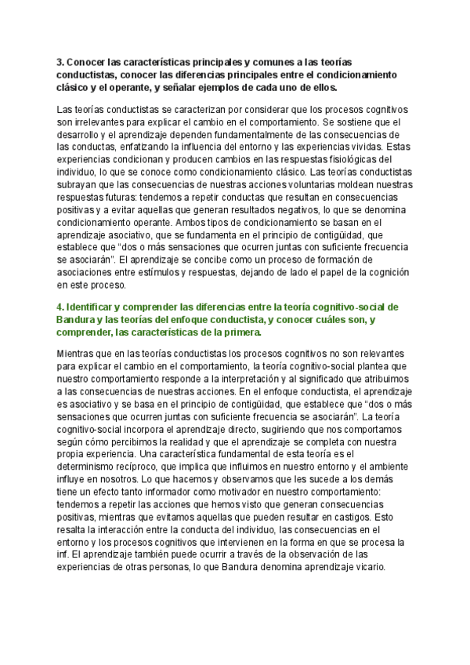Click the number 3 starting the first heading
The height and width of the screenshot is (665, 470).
[60, 62]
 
